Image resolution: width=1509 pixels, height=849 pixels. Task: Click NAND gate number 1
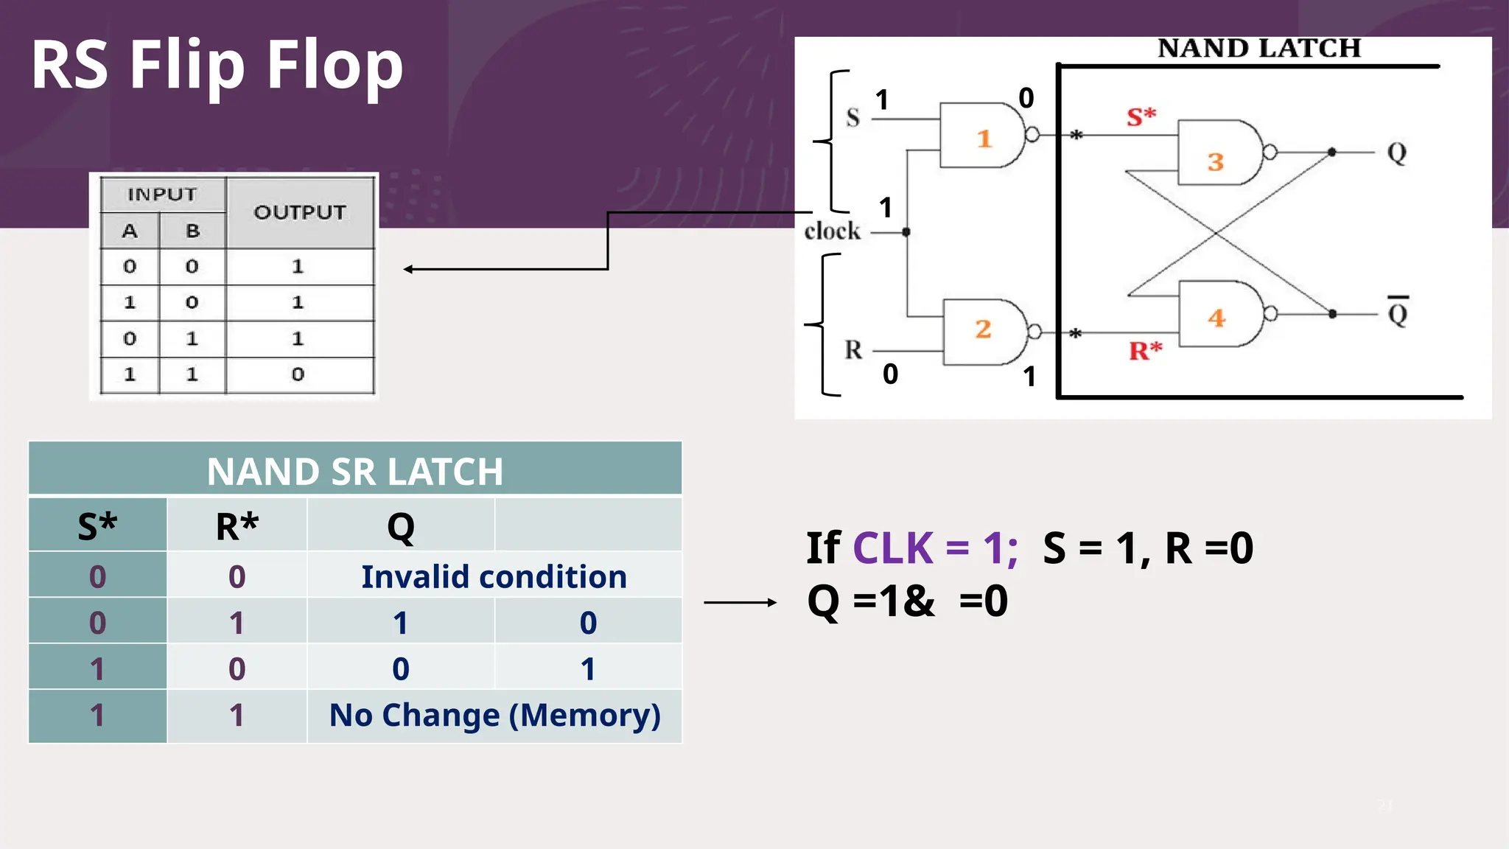tap(982, 136)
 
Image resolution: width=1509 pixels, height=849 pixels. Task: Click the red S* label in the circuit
tap(1141, 116)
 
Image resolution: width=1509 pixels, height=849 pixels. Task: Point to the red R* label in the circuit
tap(1145, 350)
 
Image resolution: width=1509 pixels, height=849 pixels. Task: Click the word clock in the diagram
tap(832, 231)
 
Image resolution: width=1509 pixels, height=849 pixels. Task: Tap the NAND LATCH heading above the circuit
tap(1258, 49)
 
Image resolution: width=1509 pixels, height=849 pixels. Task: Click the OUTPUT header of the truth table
tap(299, 212)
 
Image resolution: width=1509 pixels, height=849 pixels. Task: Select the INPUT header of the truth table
tap(162, 195)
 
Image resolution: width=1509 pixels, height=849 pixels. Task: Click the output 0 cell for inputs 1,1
tap(298, 374)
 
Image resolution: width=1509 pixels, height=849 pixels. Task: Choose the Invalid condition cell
tap(494, 576)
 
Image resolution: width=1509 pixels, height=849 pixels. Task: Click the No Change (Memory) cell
tap(494, 715)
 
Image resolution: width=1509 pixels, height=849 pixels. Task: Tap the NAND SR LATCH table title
tap(354, 471)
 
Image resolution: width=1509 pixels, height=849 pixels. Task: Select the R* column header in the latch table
tap(237, 526)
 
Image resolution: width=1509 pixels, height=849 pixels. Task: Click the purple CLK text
tap(892, 548)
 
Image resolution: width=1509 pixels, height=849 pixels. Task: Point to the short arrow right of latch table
tap(740, 603)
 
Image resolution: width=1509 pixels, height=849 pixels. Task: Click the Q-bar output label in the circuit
tap(1398, 312)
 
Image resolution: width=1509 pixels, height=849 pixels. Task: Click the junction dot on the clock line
tap(906, 232)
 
